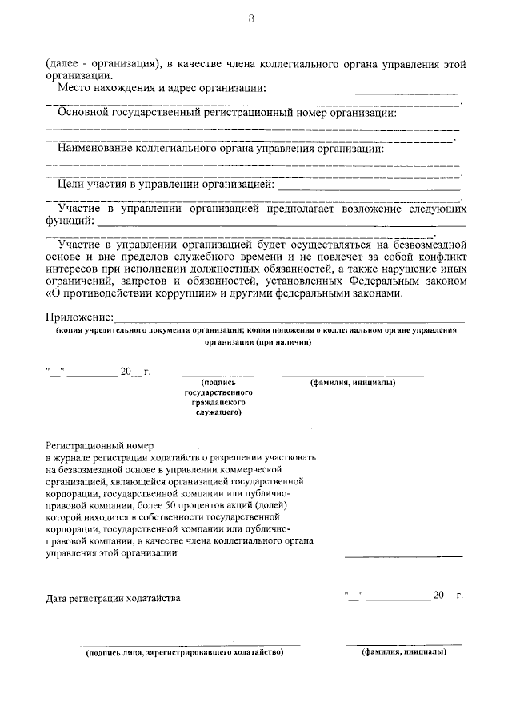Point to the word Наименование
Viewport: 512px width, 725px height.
pos(97,149)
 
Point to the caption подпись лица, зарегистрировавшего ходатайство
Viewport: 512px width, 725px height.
pos(185,652)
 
